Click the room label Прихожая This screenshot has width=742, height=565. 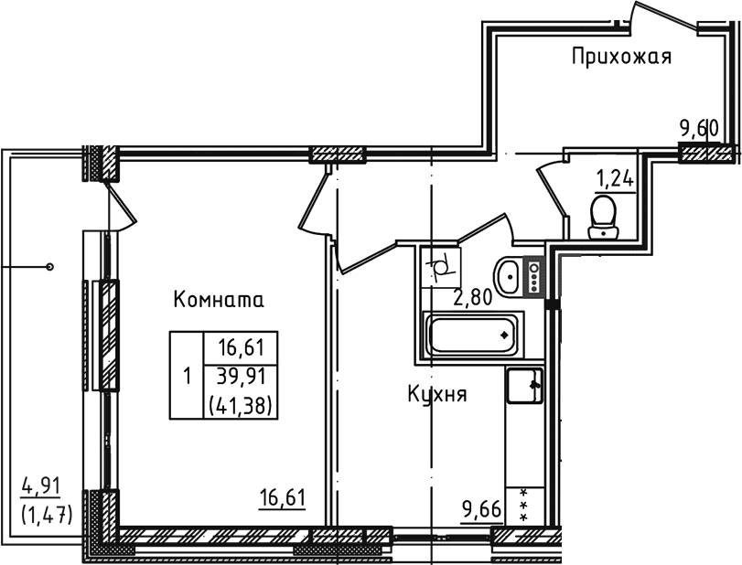point(621,58)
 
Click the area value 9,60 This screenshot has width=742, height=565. point(697,128)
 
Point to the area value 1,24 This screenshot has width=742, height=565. point(614,178)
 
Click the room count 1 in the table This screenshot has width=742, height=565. point(187,375)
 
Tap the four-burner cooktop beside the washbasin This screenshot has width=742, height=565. point(534,275)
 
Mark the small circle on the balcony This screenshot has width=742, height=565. point(49,267)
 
